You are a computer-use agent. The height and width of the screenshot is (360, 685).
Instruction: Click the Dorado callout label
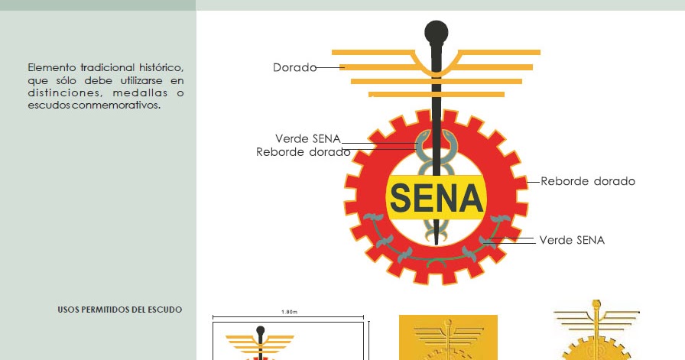click(x=294, y=68)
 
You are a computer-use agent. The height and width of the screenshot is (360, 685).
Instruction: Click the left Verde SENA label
click(x=307, y=138)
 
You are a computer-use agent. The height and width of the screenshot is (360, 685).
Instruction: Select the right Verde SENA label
click(x=572, y=240)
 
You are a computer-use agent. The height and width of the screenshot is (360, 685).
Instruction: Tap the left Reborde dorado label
click(x=303, y=152)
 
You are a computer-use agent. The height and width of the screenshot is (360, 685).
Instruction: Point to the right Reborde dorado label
click(x=588, y=182)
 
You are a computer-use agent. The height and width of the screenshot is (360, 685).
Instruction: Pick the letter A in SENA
click(x=469, y=199)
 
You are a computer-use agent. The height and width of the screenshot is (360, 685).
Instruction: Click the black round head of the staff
click(x=436, y=34)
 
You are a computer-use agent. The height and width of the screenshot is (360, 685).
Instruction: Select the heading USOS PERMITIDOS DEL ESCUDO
click(x=120, y=310)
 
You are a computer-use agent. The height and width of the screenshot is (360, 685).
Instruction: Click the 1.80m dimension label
click(x=289, y=312)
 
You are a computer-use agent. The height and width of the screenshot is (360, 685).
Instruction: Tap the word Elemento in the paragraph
click(x=52, y=68)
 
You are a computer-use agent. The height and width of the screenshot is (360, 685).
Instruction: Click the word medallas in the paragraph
click(x=144, y=93)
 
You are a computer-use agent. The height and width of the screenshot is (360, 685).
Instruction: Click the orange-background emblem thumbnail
click(x=448, y=337)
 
